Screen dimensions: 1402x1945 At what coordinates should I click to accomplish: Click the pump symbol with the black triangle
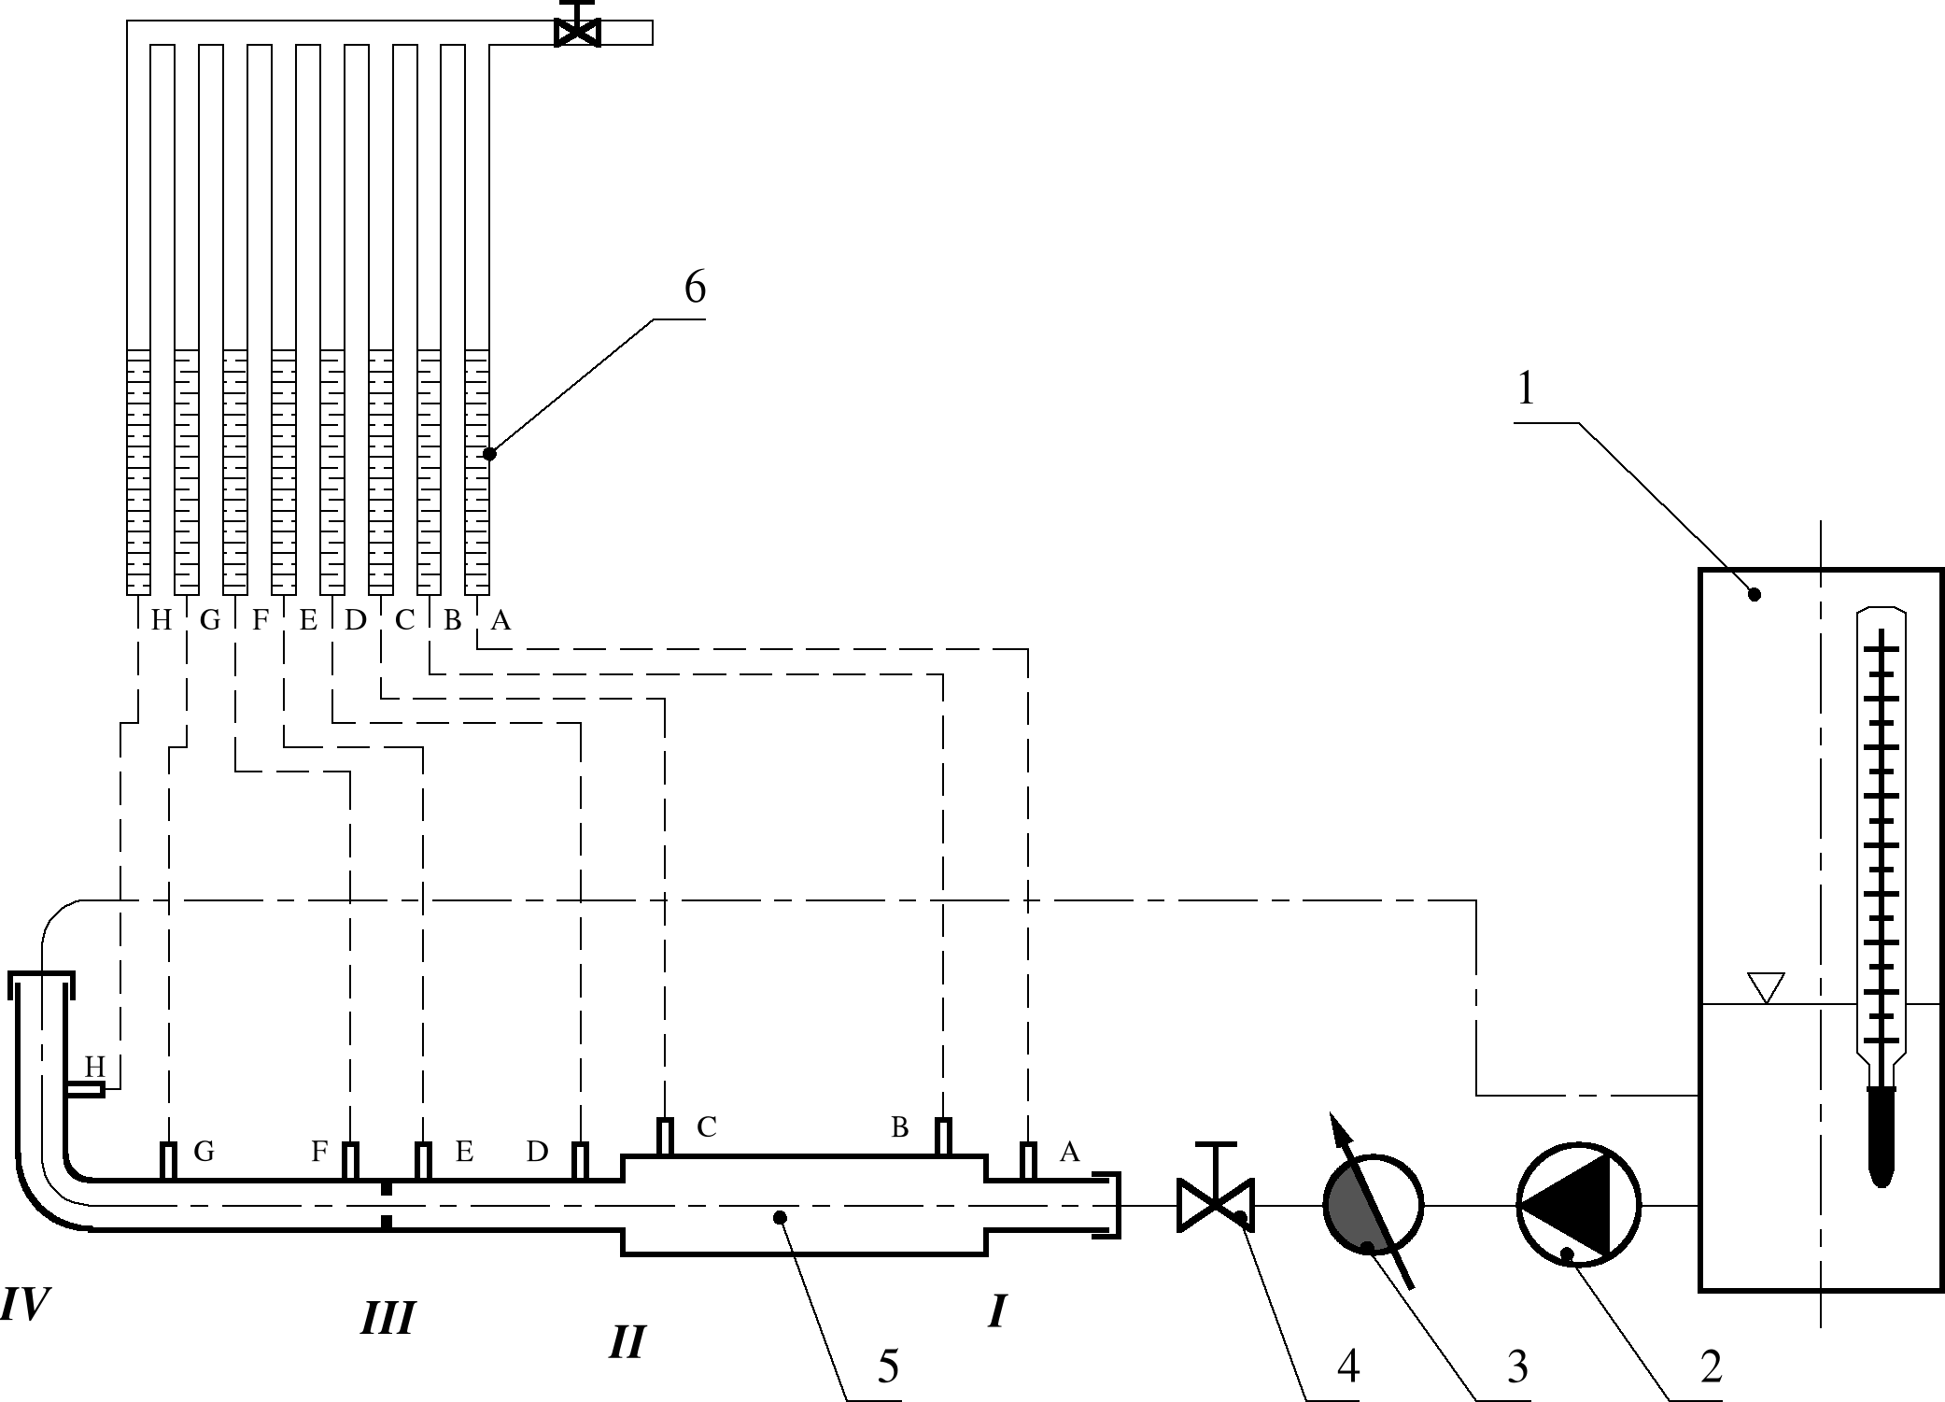pos(1578,1205)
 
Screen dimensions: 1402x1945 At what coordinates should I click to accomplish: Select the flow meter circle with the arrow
pos(1373,1205)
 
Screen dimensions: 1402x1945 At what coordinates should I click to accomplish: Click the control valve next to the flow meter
pos(1216,1205)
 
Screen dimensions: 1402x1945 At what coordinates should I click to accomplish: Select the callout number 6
pos(695,287)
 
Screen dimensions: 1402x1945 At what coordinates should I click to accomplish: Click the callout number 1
pos(1526,389)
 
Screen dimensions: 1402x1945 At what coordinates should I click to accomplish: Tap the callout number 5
pos(888,1367)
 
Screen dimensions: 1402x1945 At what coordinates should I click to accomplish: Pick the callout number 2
pos(1711,1367)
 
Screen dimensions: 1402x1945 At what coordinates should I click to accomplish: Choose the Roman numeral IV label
pos(23,1304)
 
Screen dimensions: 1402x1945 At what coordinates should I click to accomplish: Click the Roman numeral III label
pos(388,1319)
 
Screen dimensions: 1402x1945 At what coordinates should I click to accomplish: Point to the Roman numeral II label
pos(627,1342)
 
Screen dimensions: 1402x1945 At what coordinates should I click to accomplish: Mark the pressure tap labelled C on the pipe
pos(665,1137)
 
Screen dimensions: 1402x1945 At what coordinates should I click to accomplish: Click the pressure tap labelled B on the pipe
pos(944,1137)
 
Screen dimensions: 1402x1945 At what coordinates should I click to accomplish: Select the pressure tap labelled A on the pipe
pos(1028,1161)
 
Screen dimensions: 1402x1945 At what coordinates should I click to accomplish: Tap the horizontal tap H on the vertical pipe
pos(86,1090)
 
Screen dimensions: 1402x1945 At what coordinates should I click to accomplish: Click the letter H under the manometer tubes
pos(162,620)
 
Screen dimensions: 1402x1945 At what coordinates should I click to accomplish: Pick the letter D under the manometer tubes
pos(356,620)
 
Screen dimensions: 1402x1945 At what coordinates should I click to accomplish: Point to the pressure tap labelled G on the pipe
pos(168,1161)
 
